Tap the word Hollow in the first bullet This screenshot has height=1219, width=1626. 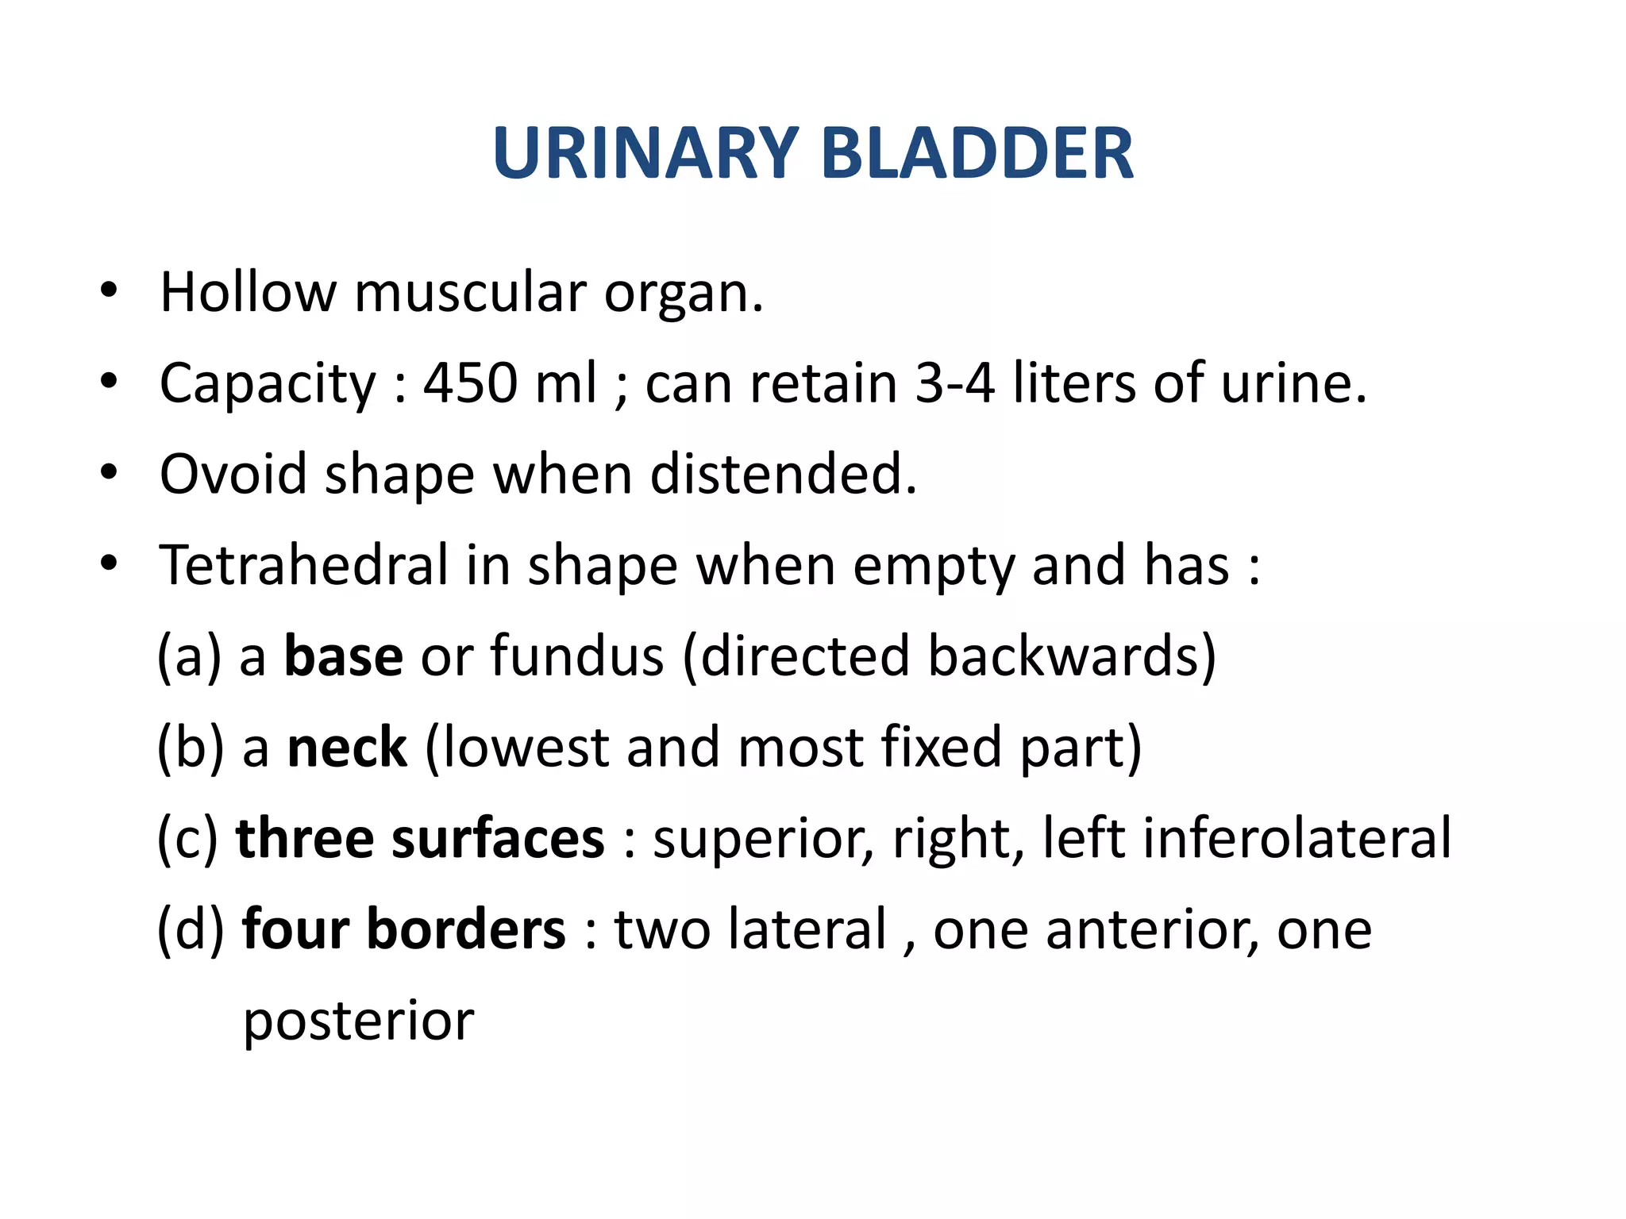point(248,292)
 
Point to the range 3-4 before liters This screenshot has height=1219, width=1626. point(954,383)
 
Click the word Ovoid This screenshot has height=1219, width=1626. point(233,475)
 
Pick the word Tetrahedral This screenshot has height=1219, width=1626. point(304,565)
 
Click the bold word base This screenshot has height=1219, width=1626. point(344,656)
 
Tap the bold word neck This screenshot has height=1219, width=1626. point(347,748)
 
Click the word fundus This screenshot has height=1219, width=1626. point(576,656)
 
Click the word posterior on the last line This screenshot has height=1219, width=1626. point(358,1021)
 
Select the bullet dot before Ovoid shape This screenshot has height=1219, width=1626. point(109,473)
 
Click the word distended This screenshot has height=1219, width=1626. point(783,475)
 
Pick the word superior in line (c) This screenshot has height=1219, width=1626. point(763,840)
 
